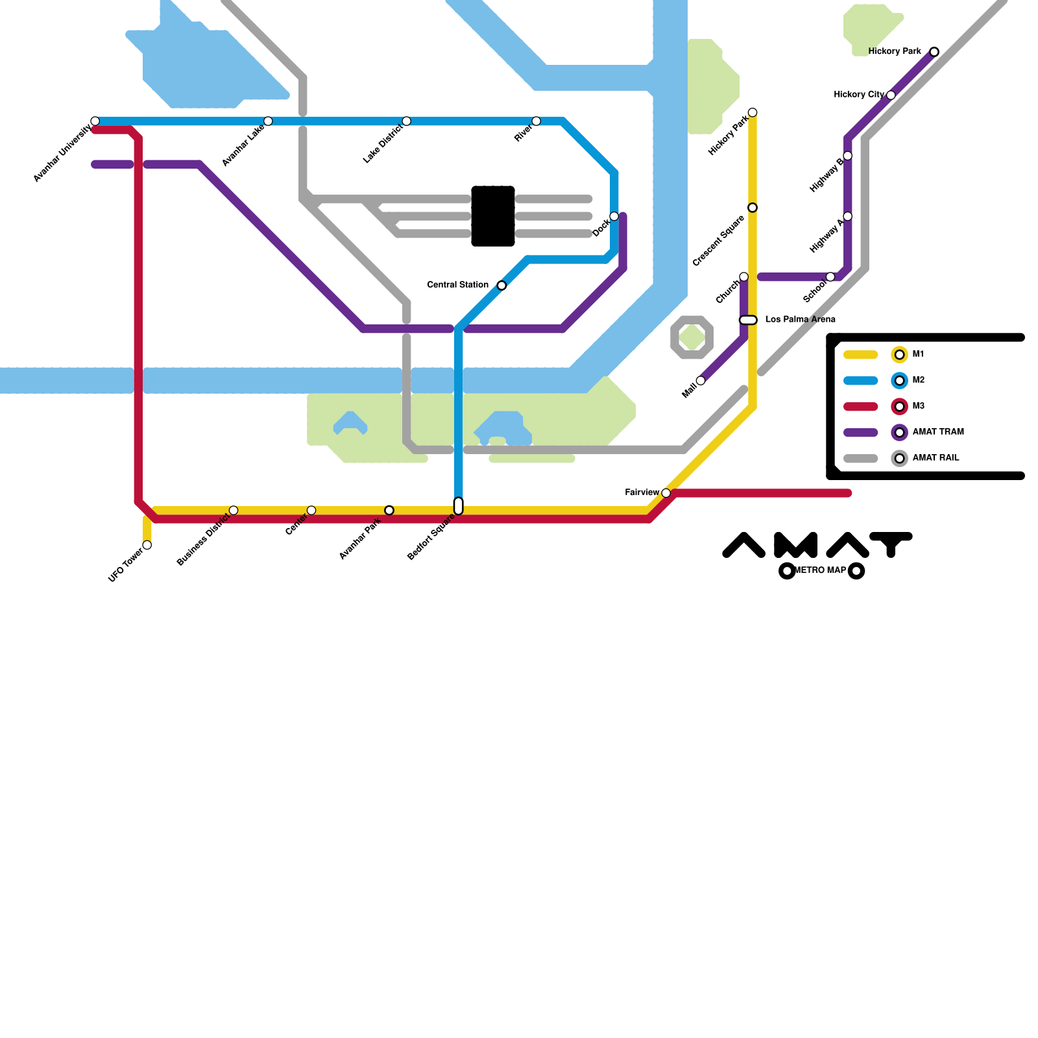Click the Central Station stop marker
pos(501,285)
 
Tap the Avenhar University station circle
pos(95,121)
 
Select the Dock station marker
pos(614,216)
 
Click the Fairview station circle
pos(666,493)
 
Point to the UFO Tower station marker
pos(147,545)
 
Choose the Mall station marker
pos(701,381)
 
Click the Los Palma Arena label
pos(801,319)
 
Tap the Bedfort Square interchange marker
pos(459,506)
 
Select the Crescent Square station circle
pos(753,208)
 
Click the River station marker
pos(536,121)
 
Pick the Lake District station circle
pos(406,121)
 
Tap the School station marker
pos(830,277)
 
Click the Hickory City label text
pos(859,95)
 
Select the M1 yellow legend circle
pos(899,355)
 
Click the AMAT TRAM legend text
pos(938,432)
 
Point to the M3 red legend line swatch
pos(861,407)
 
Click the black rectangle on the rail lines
pos(493,216)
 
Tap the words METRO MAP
pos(821,571)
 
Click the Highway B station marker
pos(847,156)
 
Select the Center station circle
pos(311,511)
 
